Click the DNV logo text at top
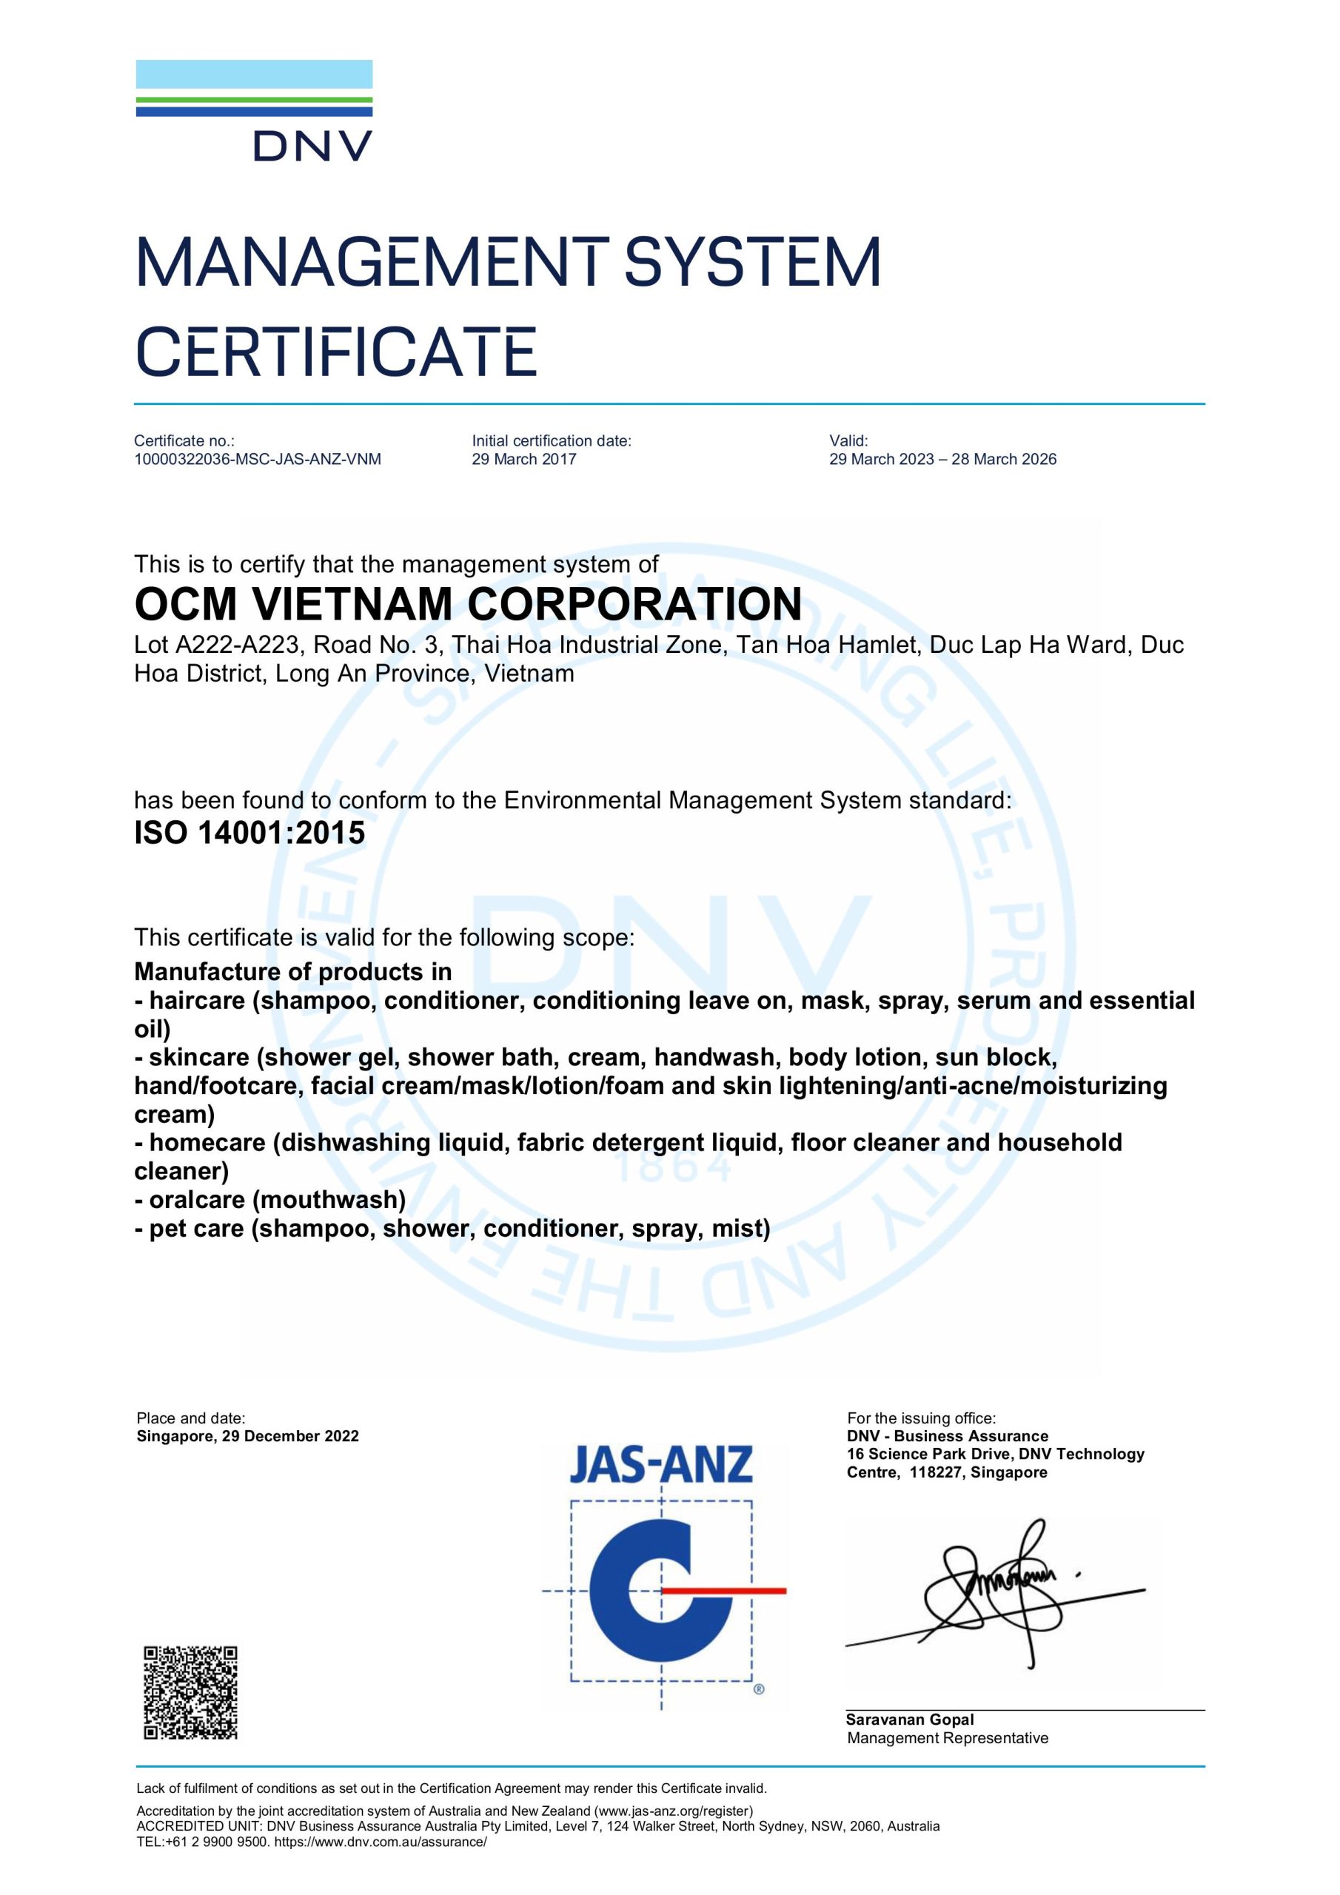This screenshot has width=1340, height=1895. click(x=313, y=147)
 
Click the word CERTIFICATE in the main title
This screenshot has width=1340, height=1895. click(x=336, y=352)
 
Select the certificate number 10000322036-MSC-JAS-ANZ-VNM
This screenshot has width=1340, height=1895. click(x=258, y=460)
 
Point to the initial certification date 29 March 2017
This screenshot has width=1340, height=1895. click(x=523, y=460)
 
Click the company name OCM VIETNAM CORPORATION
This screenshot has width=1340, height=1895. click(x=467, y=604)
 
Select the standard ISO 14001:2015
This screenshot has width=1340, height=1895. click(x=249, y=834)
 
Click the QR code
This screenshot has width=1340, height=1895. click(x=191, y=1692)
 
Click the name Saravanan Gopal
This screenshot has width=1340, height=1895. click(x=909, y=1720)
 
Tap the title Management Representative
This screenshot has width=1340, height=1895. click(x=947, y=1738)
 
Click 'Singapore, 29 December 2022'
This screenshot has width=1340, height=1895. click(x=248, y=1436)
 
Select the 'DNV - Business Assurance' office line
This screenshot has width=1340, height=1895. click(x=947, y=1436)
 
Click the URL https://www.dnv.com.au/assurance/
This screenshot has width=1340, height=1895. click(x=381, y=1842)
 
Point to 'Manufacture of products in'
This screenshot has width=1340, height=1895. click(x=293, y=971)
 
